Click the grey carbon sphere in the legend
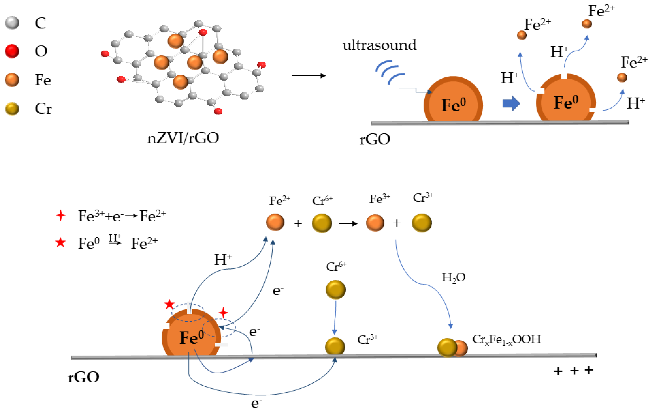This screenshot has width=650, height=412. click(12, 23)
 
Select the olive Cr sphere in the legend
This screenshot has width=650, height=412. click(12, 109)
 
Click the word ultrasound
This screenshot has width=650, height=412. click(379, 45)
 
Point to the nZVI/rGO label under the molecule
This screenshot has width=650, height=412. click(183, 138)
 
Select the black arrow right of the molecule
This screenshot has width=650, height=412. click(309, 76)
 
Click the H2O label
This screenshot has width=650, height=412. click(453, 277)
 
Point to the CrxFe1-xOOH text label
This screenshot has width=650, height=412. click(506, 339)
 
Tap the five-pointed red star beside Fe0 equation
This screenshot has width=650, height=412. click(60, 242)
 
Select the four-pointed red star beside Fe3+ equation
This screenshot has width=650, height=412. click(60, 215)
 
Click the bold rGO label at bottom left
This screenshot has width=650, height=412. click(83, 377)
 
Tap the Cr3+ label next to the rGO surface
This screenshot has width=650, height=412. click(367, 339)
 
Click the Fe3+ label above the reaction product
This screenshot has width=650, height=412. click(379, 199)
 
